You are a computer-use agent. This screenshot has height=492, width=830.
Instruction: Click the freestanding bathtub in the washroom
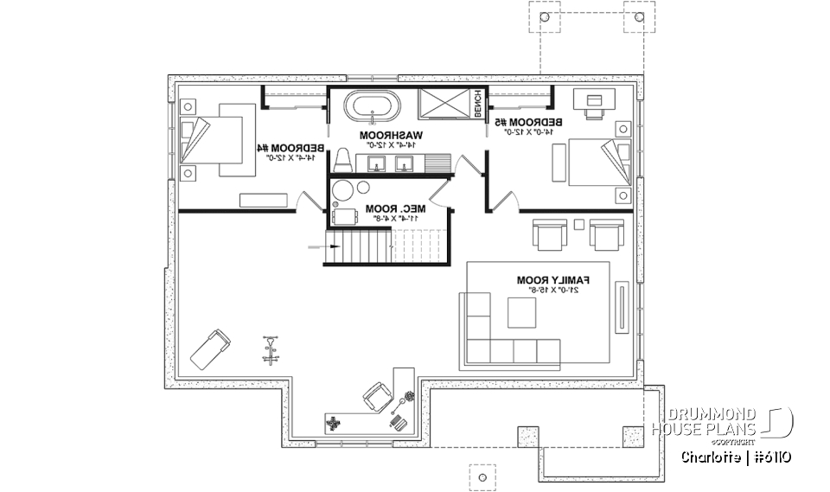[x=373, y=109]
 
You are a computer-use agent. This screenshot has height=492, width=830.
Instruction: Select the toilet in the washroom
[x=342, y=160]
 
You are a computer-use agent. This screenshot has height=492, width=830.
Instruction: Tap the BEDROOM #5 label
[x=532, y=123]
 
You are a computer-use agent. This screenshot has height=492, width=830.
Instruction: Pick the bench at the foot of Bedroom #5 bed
[x=559, y=163]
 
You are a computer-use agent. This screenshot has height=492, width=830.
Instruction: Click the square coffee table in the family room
[x=521, y=313]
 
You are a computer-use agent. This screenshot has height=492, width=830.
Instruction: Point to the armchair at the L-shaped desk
[x=376, y=397]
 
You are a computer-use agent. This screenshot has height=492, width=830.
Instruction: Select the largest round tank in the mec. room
[x=345, y=190]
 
